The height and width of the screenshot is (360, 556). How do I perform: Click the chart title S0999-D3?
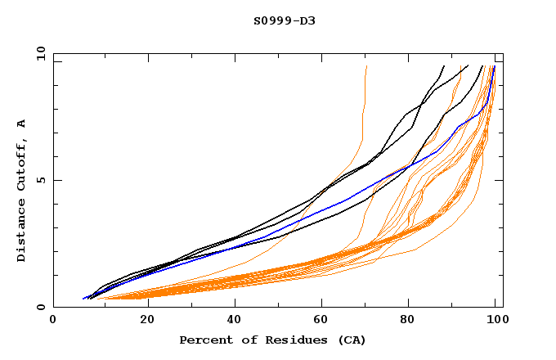[x=284, y=20]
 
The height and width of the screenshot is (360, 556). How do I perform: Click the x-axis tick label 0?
[x=53, y=322]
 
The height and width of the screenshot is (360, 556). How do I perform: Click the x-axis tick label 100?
[x=495, y=322]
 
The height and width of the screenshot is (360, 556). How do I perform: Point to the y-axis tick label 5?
[x=40, y=180]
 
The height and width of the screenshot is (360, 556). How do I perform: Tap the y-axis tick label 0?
[x=40, y=308]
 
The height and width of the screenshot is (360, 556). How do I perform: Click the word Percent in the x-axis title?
[x=205, y=340]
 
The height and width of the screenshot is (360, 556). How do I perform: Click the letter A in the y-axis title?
[x=21, y=124]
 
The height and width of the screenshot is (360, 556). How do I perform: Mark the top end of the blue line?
[x=494, y=66]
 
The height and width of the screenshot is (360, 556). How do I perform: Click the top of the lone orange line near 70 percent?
[x=367, y=66]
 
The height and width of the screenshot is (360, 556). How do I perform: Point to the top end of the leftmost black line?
[x=444, y=66]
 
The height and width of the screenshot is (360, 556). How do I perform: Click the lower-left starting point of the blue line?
[x=83, y=298]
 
